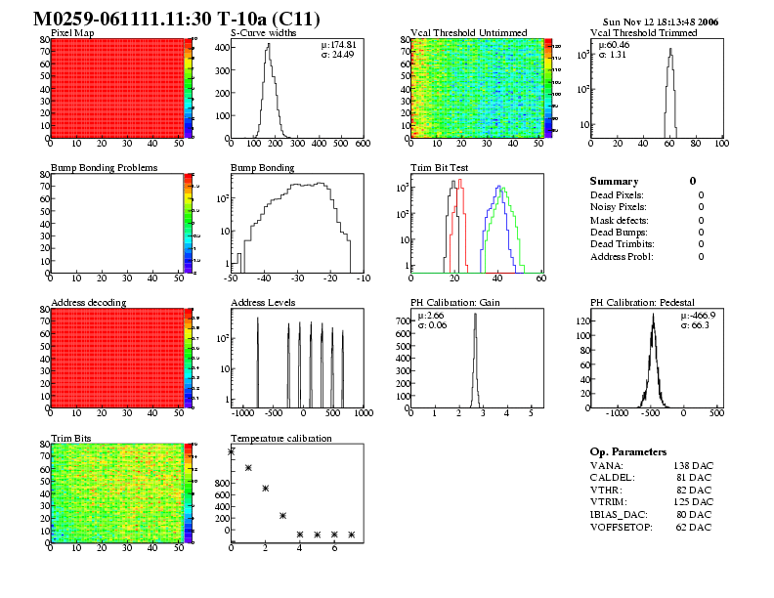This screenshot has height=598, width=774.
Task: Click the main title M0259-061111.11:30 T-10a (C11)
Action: [176, 19]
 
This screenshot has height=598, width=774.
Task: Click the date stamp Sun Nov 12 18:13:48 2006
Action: [661, 21]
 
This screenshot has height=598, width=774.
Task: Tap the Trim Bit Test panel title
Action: [440, 168]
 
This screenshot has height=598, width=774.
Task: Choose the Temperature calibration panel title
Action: [280, 438]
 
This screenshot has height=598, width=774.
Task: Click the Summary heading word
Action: [614, 182]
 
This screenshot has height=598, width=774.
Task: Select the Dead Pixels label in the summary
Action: [618, 194]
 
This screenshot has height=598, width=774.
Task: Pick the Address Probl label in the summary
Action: [622, 256]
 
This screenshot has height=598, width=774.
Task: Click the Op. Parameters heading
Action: [628, 452]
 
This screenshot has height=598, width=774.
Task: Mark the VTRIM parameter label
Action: [606, 502]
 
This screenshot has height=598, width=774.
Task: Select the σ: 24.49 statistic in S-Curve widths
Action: [339, 55]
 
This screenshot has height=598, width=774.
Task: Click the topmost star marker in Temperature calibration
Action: [232, 451]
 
